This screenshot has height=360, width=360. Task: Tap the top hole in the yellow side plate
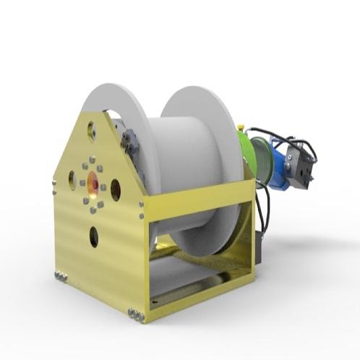(92, 131)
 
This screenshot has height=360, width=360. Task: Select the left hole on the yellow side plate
(72, 179)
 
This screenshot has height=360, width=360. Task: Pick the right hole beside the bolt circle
(116, 189)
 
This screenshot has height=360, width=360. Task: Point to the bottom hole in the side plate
(94, 236)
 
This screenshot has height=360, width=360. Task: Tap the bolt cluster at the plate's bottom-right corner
(135, 313)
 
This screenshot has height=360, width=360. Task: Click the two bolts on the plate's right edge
(142, 210)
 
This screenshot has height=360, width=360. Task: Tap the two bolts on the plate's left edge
(53, 189)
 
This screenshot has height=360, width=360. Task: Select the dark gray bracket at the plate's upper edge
(130, 140)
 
